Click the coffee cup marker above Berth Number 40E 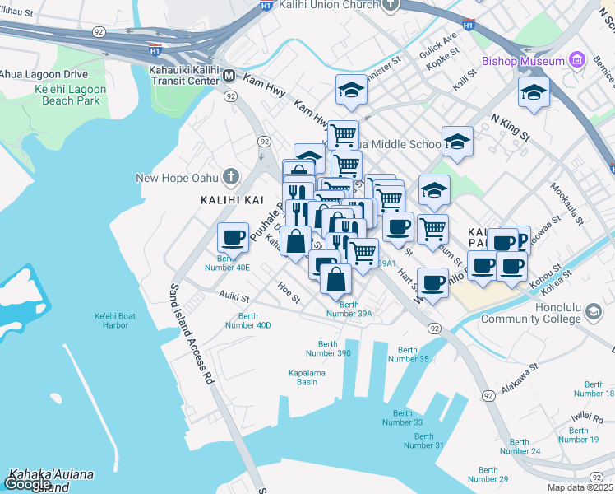[233, 236]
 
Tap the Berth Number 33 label [402, 417]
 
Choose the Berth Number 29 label [487, 474]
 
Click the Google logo [27, 484]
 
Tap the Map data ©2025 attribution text [580, 487]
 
